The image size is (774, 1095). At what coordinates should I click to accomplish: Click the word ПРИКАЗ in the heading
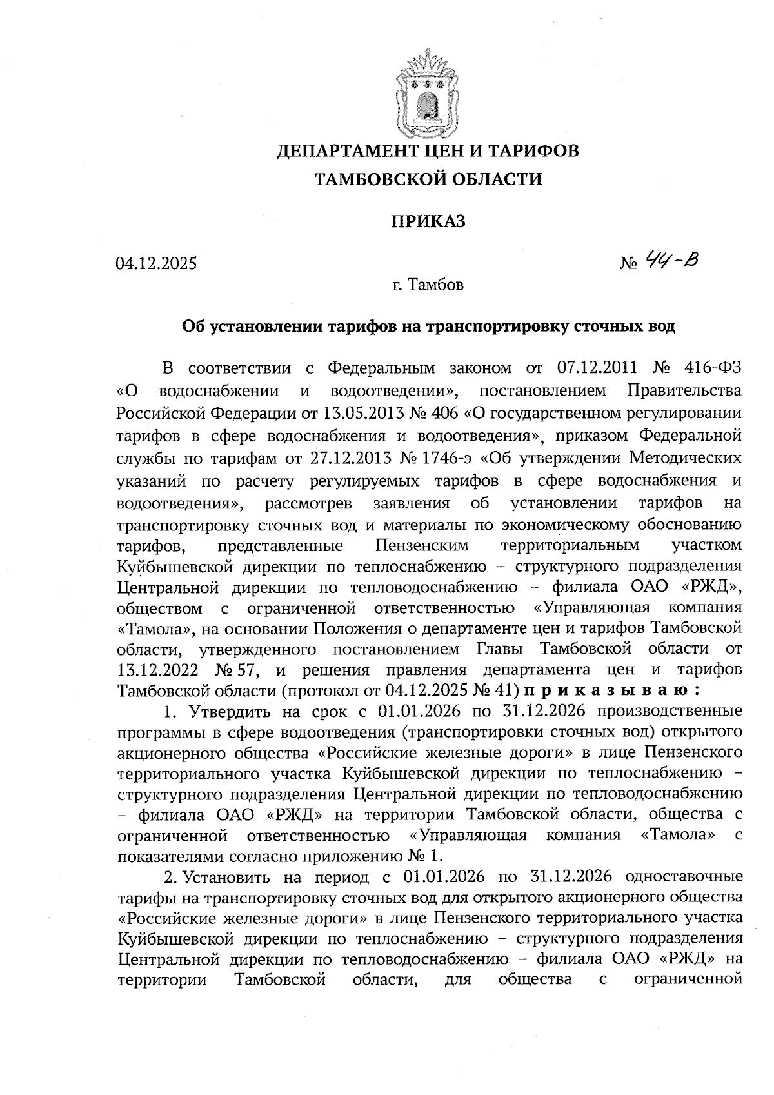point(428,221)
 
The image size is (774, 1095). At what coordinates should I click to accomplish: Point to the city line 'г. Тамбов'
point(428,285)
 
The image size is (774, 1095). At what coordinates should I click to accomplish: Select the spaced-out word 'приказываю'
point(612,690)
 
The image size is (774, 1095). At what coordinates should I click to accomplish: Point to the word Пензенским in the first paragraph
point(422,545)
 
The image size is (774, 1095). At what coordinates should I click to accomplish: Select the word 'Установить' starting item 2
point(230,878)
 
